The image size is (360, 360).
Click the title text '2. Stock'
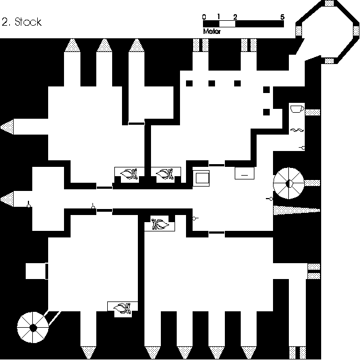tap(22, 22)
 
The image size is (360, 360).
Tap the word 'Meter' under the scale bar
tap(211, 31)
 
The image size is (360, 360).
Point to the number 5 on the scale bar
tap(282, 17)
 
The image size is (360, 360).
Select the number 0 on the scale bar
tap(204, 17)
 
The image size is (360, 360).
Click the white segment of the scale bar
tap(227, 24)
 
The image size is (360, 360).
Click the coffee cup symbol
tap(297, 108)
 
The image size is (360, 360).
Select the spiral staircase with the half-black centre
tap(288, 184)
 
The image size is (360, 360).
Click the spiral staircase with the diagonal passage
tap(33, 327)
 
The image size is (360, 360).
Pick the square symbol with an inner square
tap(201, 178)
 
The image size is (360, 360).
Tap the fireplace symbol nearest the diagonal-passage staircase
tap(123, 309)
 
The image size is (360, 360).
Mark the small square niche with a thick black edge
tap(36, 271)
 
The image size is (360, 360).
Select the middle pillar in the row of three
tap(212, 83)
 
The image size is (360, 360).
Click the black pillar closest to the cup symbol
tap(266, 112)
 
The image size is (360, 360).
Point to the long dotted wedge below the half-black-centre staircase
tap(295, 211)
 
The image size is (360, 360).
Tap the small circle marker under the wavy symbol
tap(302, 148)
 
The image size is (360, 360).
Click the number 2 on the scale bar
tap(235, 17)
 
